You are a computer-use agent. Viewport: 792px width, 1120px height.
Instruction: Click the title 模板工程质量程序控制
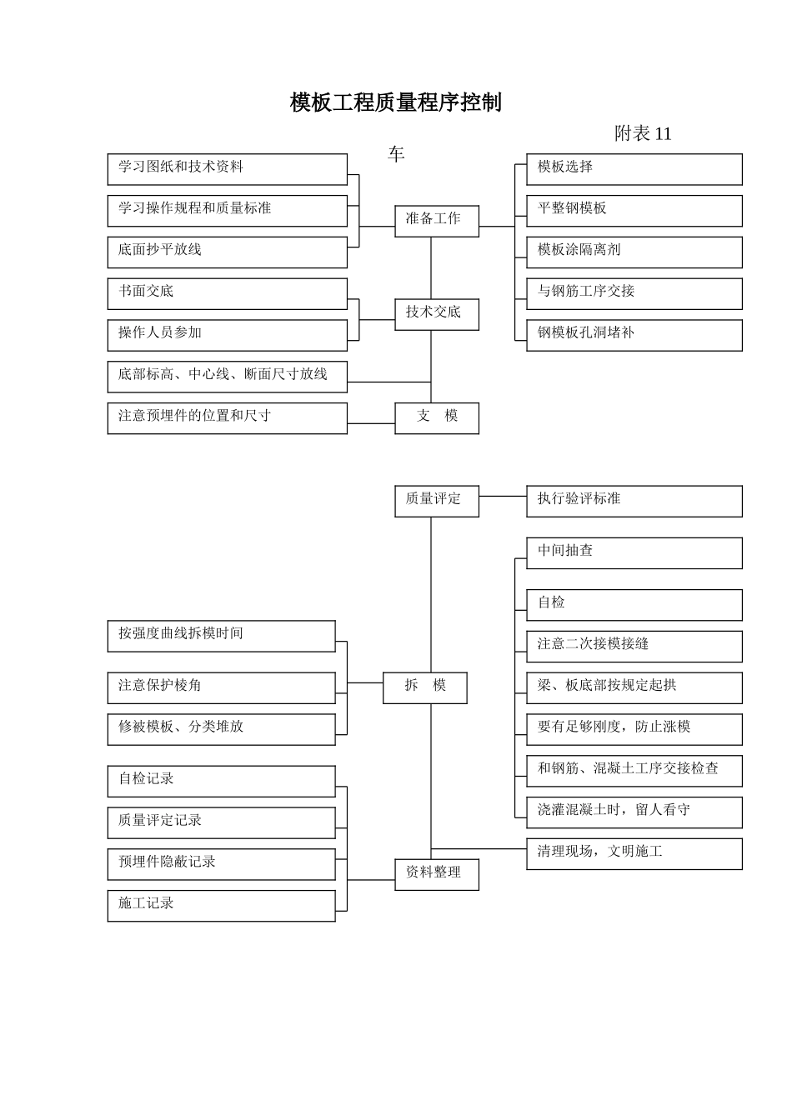pyautogui.click(x=396, y=102)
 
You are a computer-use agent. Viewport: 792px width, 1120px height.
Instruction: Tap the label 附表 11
pyautogui.click(x=643, y=133)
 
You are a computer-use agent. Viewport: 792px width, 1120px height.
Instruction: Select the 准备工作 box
pyautogui.click(x=437, y=220)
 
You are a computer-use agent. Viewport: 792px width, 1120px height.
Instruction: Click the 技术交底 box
pyautogui.click(x=437, y=313)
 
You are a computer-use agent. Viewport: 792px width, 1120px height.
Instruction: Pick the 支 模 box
pyautogui.click(x=437, y=417)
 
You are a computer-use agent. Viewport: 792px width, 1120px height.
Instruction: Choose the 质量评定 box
pyautogui.click(x=437, y=500)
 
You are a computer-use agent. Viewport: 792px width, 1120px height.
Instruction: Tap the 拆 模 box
pyautogui.click(x=425, y=687)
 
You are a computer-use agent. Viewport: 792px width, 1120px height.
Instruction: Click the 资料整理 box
pyautogui.click(x=437, y=873)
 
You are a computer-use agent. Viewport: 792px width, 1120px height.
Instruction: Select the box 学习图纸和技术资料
pyautogui.click(x=227, y=168)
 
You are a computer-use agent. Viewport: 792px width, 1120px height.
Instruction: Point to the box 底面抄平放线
pyautogui.click(x=227, y=252)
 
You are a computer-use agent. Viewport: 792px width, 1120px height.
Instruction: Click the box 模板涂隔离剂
pyautogui.click(x=634, y=252)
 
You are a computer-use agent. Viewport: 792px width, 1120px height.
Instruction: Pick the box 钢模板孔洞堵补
pyautogui.click(x=634, y=334)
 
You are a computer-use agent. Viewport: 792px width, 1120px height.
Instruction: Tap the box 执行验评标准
pyautogui.click(x=634, y=500)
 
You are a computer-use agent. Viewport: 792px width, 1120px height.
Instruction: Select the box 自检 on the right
pyautogui.click(x=634, y=604)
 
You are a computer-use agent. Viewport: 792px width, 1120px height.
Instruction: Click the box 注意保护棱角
pyautogui.click(x=221, y=687)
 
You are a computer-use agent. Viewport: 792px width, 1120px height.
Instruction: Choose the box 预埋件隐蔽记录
pyautogui.click(x=221, y=863)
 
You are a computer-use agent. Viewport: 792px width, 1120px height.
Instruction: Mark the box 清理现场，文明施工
pyautogui.click(x=634, y=852)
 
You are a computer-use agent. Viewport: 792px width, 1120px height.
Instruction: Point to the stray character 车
pyautogui.click(x=396, y=154)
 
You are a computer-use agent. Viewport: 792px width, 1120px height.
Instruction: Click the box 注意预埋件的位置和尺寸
pyautogui.click(x=227, y=417)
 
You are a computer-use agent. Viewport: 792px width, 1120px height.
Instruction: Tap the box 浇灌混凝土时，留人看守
pyautogui.click(x=634, y=811)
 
